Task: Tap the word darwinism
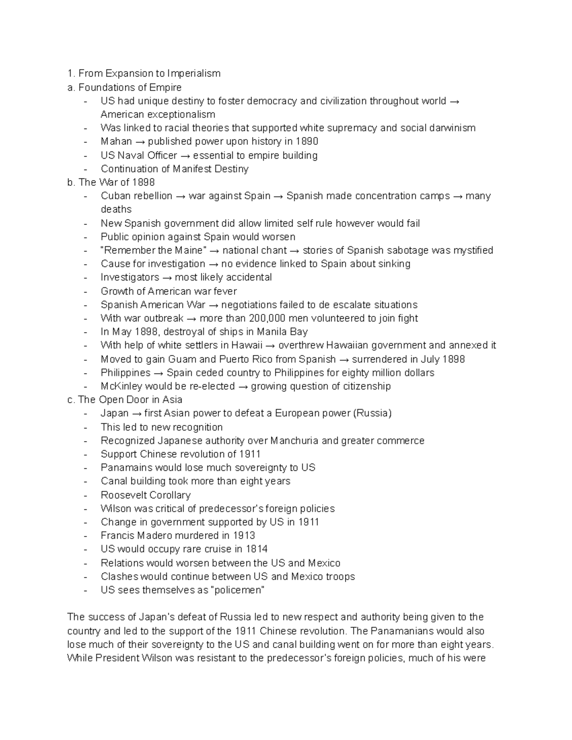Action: [453, 128]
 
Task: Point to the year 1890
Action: [306, 142]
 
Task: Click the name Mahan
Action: [116, 142]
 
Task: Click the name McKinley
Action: [121, 386]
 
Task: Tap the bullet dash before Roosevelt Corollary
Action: [85, 496]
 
